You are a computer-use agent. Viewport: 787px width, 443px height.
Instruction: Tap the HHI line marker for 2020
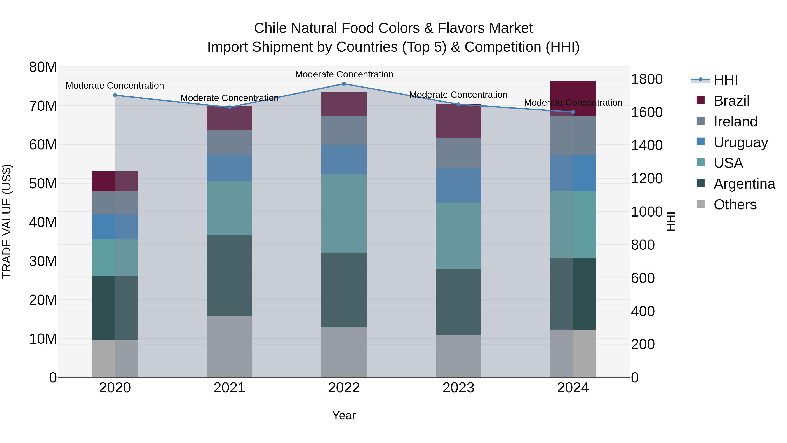coord(115,95)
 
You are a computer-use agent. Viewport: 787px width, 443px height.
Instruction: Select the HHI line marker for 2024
coord(573,112)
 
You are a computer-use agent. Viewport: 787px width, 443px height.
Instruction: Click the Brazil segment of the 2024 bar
coord(573,98)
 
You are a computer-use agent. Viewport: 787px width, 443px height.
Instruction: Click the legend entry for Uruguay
coord(741,142)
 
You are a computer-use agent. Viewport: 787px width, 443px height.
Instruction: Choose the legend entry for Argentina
coord(744,184)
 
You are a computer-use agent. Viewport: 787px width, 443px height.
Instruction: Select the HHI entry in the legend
coord(726,80)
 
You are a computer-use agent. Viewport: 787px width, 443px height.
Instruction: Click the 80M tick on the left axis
coord(43,67)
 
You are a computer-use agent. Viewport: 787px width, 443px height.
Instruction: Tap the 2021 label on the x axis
coord(230,388)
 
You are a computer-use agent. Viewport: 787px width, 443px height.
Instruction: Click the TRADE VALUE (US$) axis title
coord(7,221)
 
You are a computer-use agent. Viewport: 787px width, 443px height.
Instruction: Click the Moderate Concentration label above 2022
coord(344,74)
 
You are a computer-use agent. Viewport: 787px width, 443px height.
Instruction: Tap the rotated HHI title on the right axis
coord(671,221)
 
